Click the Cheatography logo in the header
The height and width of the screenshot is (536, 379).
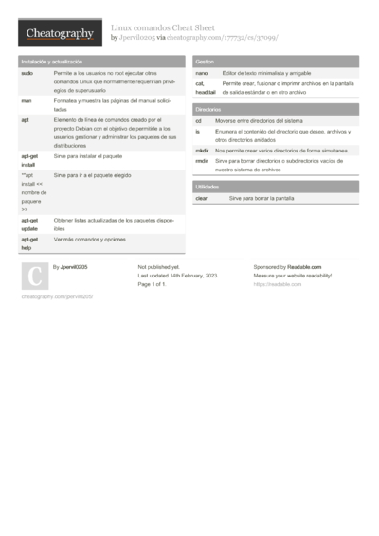59,34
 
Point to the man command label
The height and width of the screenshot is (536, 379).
27,99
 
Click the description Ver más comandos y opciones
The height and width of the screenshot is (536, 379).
90,240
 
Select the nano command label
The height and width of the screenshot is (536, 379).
202,73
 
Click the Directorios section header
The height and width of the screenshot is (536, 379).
209,110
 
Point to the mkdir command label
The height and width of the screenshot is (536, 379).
203,151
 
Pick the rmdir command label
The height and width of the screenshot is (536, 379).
202,161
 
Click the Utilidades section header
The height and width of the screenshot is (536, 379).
208,188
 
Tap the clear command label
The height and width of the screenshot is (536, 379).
202,199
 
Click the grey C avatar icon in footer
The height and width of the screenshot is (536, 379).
34,276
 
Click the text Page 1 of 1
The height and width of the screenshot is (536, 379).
153,284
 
